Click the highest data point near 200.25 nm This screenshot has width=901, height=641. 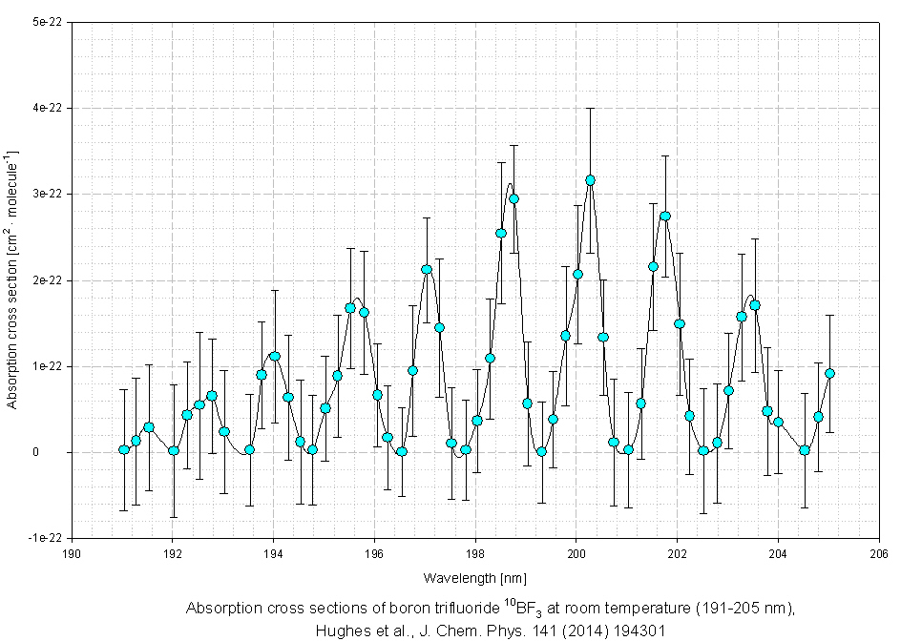tap(590, 179)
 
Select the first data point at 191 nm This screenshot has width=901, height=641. tap(123, 449)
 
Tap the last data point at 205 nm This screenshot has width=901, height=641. tap(829, 373)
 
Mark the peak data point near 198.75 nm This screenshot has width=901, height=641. tap(513, 198)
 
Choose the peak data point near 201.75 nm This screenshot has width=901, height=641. tap(665, 216)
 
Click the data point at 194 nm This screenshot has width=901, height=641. tap(275, 356)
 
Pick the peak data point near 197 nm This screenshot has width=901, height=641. tap(427, 269)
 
